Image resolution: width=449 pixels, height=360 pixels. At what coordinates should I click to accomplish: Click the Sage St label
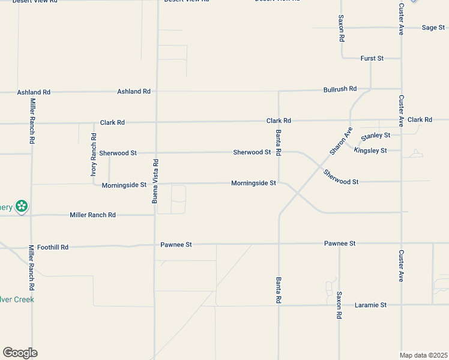(x=432, y=28)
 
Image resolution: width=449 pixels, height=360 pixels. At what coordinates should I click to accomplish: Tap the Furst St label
(x=372, y=58)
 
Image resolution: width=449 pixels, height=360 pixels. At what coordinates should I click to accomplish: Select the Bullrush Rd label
(x=340, y=89)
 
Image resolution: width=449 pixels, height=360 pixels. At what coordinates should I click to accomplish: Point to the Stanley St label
(x=376, y=136)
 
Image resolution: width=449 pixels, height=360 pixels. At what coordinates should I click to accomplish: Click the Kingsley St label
(x=370, y=151)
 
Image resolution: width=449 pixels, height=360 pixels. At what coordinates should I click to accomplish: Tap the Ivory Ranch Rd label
(x=94, y=155)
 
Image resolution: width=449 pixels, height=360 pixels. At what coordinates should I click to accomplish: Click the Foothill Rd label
(x=53, y=247)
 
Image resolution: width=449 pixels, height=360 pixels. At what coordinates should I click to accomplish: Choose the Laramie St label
(x=370, y=305)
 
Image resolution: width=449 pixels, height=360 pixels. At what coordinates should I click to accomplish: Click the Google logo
(x=20, y=353)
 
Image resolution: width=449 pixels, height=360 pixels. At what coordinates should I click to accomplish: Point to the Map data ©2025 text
(x=424, y=355)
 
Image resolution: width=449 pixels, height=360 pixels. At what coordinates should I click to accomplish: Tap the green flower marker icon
(x=22, y=207)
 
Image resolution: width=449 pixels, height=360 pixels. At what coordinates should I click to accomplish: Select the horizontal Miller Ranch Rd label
(x=92, y=215)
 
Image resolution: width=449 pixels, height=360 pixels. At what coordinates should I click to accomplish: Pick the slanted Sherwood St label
(x=340, y=177)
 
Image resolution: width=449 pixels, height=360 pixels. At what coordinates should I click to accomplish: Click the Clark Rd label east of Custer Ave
(x=420, y=120)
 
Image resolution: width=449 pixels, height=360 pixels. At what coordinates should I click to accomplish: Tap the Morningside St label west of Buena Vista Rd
(x=124, y=185)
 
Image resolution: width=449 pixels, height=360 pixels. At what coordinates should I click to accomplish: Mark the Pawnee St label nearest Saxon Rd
(x=340, y=244)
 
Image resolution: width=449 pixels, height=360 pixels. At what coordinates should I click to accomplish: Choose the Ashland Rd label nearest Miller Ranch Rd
(x=34, y=92)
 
